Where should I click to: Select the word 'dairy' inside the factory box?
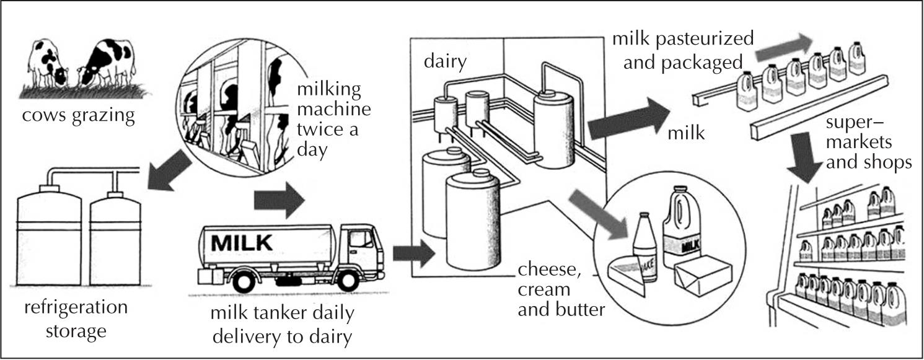pos(445,61)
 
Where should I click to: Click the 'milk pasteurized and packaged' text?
pos(682,50)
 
